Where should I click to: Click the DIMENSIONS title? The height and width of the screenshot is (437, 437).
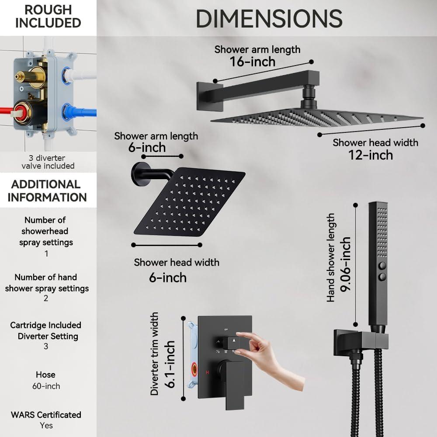(x=269, y=19)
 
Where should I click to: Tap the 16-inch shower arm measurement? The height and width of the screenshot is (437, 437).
(x=253, y=62)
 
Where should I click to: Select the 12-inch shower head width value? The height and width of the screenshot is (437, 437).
(x=370, y=155)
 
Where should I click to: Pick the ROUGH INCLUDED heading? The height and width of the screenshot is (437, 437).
(x=48, y=17)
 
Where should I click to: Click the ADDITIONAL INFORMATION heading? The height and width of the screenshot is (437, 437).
(x=47, y=191)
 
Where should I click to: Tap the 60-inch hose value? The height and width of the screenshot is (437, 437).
(x=46, y=386)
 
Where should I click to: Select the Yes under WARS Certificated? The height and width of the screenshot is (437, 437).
(x=46, y=425)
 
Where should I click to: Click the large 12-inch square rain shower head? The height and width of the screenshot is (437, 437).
(x=317, y=117)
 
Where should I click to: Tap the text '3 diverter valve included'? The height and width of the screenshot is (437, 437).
(x=48, y=162)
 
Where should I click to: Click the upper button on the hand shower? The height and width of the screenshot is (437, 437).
(x=383, y=265)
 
